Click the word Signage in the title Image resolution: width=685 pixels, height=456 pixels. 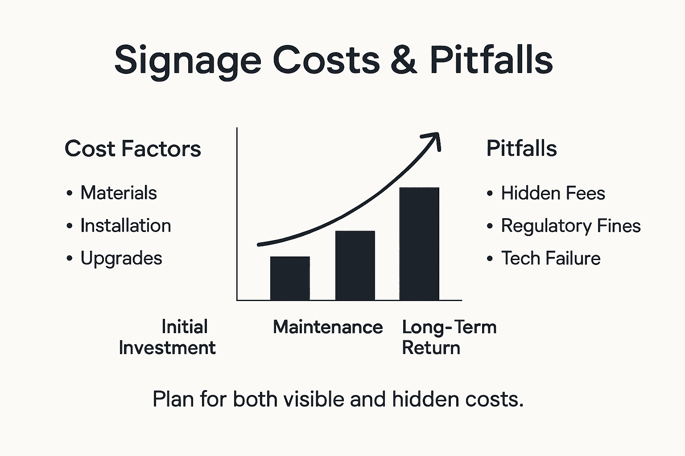coord(187,60)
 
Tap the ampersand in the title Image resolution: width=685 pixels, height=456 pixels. coord(404,60)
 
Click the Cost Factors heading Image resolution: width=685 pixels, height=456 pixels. coord(132,148)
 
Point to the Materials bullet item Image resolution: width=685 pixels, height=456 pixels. coord(118,193)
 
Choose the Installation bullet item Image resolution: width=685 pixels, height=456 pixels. coord(125,225)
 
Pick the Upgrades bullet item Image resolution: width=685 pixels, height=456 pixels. coord(121,258)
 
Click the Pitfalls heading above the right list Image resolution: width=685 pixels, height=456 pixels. coord(521,148)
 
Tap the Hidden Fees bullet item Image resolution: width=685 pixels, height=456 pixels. coord(553,193)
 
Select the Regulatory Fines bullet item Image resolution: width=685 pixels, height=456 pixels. coord(570,225)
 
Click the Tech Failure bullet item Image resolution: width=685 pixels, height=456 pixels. coord(550,258)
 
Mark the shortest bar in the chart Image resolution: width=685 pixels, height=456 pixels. coord(290,278)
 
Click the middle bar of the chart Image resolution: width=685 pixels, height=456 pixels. coord(355,265)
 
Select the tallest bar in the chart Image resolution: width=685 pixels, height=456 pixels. coord(419,244)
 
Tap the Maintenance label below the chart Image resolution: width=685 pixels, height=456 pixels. coord(328,327)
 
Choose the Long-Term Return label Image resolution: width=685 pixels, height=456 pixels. coord(448,337)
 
